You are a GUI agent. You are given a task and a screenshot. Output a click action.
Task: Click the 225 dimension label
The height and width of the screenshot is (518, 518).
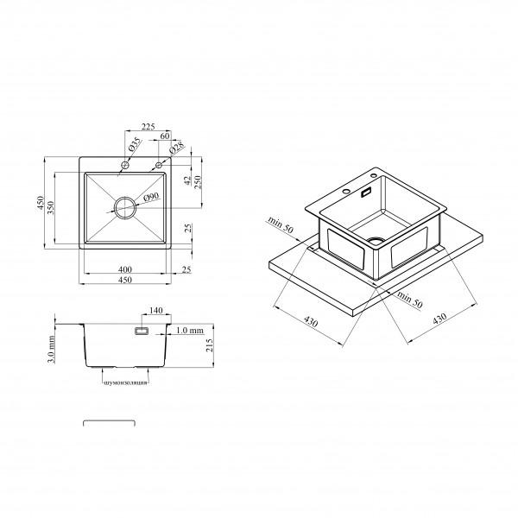(x=148, y=127)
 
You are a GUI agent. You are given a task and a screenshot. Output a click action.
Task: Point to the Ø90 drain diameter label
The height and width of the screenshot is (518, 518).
(x=152, y=197)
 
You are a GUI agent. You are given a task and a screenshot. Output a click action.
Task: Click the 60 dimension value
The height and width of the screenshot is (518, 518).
(x=165, y=136)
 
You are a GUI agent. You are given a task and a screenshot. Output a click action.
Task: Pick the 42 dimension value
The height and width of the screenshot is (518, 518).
(x=187, y=180)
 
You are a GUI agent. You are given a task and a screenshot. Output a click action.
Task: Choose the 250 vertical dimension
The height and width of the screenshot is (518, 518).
(x=198, y=182)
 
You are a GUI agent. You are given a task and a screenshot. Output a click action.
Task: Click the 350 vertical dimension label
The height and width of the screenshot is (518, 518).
(x=51, y=207)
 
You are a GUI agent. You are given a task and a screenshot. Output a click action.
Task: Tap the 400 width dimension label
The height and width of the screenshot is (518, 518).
(x=125, y=269)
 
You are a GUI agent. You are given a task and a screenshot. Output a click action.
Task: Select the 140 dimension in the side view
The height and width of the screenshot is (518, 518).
(x=156, y=311)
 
